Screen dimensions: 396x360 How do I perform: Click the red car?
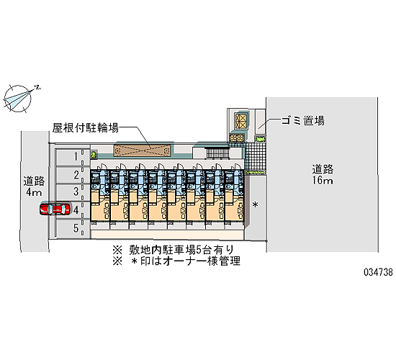[x=55, y=210]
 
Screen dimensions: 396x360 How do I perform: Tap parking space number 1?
[x=73, y=158]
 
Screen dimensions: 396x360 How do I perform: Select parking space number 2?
[x=73, y=175]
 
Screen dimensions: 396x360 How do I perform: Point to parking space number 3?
[x=73, y=192]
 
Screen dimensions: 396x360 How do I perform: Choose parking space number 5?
[x=73, y=228]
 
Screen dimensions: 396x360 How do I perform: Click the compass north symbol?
[x=19, y=98]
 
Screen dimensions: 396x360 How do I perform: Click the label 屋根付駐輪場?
[x=86, y=128]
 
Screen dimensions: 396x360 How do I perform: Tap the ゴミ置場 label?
[x=303, y=120]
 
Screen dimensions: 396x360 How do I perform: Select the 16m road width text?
[x=323, y=181]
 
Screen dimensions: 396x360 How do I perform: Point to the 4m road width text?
[x=34, y=192]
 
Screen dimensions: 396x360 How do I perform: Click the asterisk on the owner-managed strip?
[x=256, y=204]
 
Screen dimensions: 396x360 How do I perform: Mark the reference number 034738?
[x=378, y=272]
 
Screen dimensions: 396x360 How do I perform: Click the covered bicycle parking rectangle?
[x=142, y=150]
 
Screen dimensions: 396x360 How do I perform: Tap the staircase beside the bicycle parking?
[x=217, y=153]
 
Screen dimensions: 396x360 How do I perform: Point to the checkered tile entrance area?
[x=256, y=157]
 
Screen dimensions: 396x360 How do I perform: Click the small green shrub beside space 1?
[x=94, y=155]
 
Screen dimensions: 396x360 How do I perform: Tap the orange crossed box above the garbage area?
[x=241, y=121]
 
